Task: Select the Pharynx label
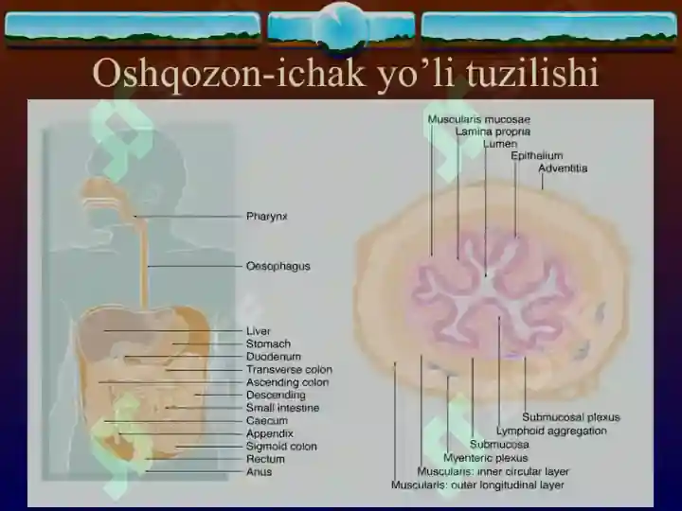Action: (266, 217)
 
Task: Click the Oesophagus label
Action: (278, 266)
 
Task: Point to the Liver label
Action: (258, 331)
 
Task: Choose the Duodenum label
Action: (273, 357)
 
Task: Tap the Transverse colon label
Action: (289, 370)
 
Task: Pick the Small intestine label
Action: (282, 408)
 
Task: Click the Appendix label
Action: (270, 433)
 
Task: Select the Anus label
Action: (259, 472)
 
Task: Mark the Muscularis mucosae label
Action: (479, 119)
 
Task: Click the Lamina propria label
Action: (493, 132)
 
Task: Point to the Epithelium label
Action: (537, 155)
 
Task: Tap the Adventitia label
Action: (563, 168)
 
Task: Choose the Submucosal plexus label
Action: (570, 417)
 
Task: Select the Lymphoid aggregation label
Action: (551, 432)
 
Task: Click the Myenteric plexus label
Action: (485, 458)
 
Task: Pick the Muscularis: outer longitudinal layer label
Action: (477, 485)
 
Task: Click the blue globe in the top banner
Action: (341, 26)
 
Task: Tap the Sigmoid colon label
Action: (281, 447)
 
